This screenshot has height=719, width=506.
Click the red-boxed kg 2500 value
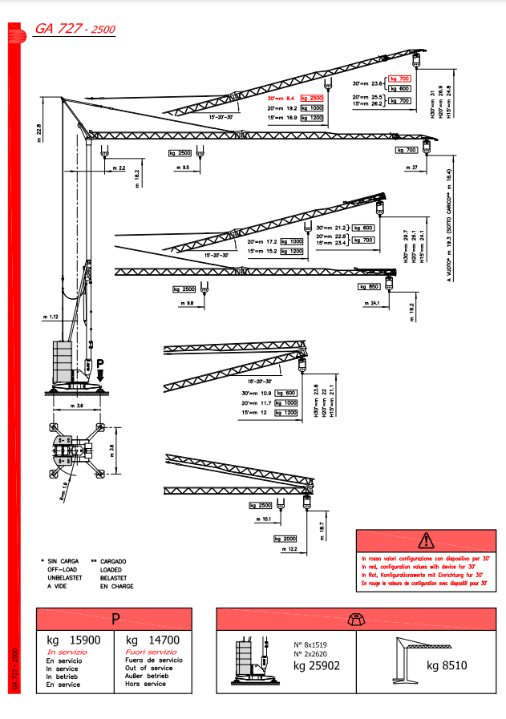tap(311, 97)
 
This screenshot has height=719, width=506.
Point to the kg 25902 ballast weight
tap(317, 665)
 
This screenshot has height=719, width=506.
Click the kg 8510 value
tap(447, 665)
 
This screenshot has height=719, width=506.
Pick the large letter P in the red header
tap(115, 619)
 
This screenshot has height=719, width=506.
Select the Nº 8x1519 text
tap(310, 645)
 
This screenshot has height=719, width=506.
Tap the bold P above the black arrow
tap(100, 363)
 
